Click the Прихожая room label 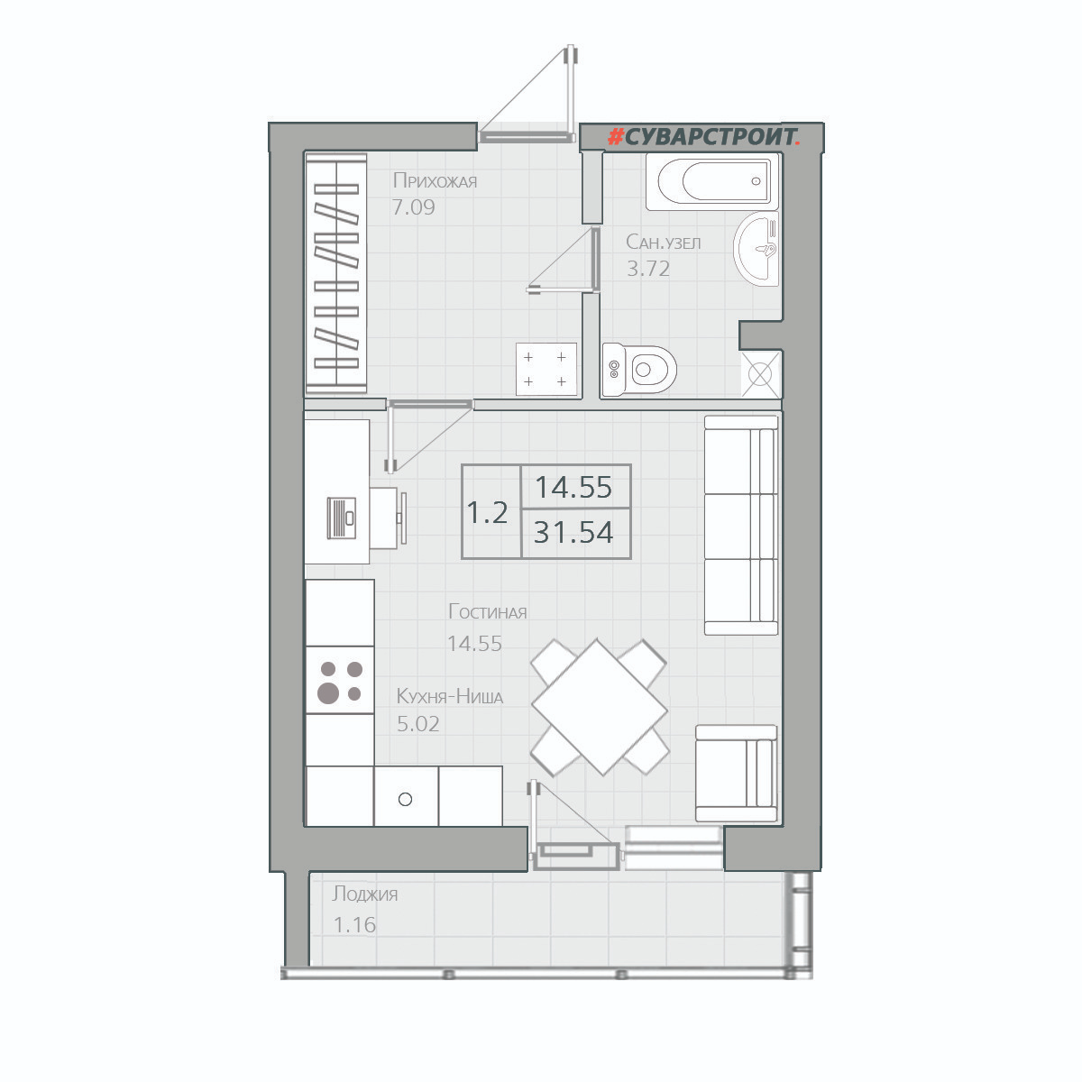[x=435, y=181]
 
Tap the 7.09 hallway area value [x=413, y=207]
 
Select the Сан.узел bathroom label [x=663, y=242]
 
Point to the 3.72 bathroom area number [x=648, y=269]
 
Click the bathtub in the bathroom [x=712, y=181]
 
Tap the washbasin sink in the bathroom [x=756, y=248]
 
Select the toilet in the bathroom [x=639, y=370]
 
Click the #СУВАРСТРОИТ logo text [x=704, y=136]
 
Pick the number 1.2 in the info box [x=487, y=512]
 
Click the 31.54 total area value [x=573, y=532]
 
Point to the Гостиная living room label [x=488, y=611]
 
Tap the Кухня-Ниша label [x=450, y=696]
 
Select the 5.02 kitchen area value [x=417, y=724]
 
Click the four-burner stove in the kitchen [x=340, y=680]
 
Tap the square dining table [x=599, y=708]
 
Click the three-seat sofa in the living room [x=741, y=525]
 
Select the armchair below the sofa [x=736, y=773]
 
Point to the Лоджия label [x=364, y=894]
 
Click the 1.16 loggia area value [x=354, y=925]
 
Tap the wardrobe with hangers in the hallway [x=336, y=273]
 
